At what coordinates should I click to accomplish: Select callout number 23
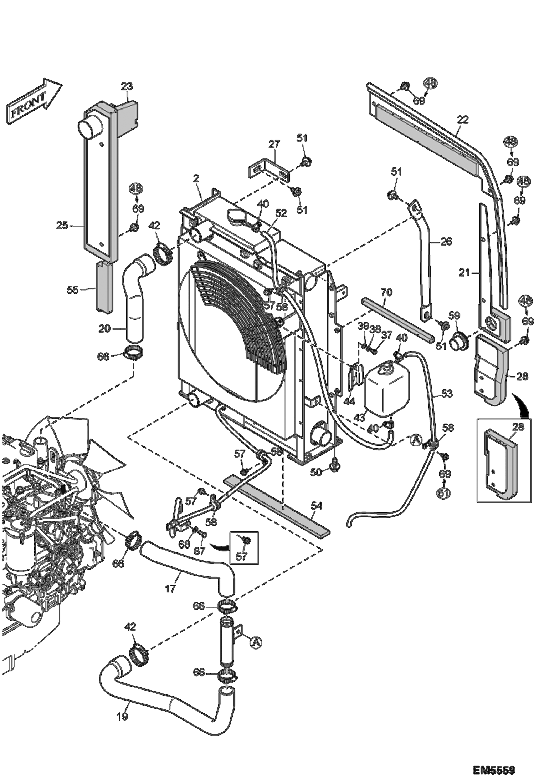[x=127, y=86]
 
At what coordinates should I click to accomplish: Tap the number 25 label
[x=62, y=225]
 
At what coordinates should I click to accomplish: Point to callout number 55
[x=72, y=289]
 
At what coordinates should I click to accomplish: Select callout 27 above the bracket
[x=274, y=145]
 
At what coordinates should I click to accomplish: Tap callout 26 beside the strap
[x=446, y=242]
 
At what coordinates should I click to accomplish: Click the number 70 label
[x=386, y=292]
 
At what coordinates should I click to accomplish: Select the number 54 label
[x=316, y=505]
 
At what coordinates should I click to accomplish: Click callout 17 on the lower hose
[x=170, y=588]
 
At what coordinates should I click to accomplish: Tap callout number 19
[x=122, y=716]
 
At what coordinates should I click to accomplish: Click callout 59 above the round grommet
[x=454, y=315]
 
